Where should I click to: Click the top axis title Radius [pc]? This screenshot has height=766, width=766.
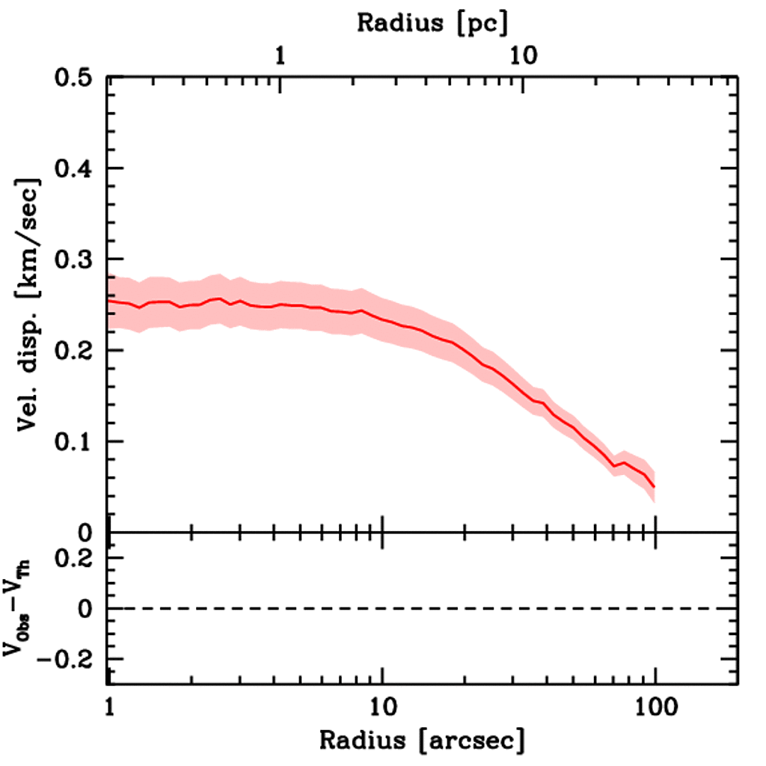click(432, 23)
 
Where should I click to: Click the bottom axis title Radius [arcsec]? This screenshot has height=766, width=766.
click(422, 741)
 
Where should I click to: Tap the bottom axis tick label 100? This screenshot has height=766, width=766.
click(655, 705)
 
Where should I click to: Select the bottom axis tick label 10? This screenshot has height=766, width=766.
click(382, 705)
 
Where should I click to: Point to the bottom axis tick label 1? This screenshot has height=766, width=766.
click(110, 705)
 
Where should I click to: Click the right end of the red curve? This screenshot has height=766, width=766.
click(654, 486)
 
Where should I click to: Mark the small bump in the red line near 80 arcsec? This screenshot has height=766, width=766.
click(623, 463)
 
